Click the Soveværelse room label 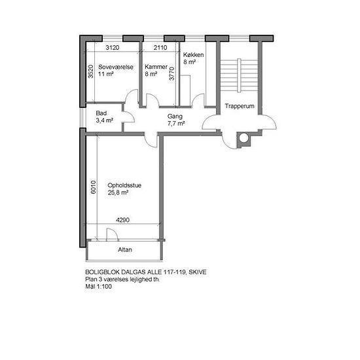(x=116, y=67)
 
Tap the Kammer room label (x=156, y=67)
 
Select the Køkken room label (x=193, y=55)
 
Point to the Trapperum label (x=240, y=106)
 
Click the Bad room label (x=101, y=113)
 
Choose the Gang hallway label (x=175, y=117)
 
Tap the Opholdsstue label (x=124, y=185)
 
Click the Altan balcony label (x=125, y=249)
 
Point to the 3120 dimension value (x=113, y=48)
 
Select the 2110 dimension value (x=160, y=48)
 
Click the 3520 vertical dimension (x=91, y=71)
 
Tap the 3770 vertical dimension (x=171, y=73)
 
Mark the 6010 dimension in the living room (x=93, y=187)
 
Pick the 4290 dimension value (x=122, y=220)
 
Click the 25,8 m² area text (x=118, y=192)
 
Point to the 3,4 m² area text (x=105, y=120)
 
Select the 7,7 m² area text (x=176, y=124)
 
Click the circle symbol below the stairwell (x=244, y=137)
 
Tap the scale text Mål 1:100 (x=98, y=286)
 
